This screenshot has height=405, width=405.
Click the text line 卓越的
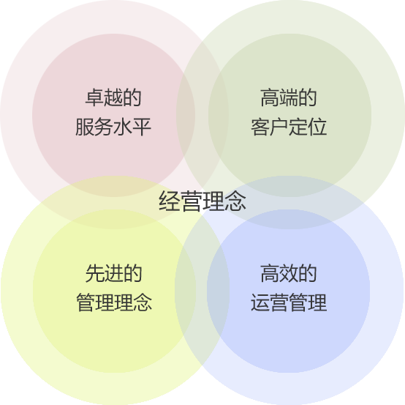pyautogui.click(x=113, y=97)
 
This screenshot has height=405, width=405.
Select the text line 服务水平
pyautogui.click(x=113, y=127)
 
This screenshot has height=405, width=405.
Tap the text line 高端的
pyautogui.click(x=289, y=97)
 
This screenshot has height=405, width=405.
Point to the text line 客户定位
pyautogui.click(x=289, y=127)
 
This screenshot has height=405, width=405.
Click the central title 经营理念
pyautogui.click(x=202, y=201)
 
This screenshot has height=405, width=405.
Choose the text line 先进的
pyautogui.click(x=113, y=273)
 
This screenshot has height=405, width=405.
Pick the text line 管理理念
pyautogui.click(x=114, y=302)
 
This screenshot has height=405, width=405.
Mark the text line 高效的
pyautogui.click(x=289, y=273)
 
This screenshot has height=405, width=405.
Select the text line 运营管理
pyautogui.click(x=289, y=302)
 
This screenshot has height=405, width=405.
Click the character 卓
pyautogui.click(x=94, y=97)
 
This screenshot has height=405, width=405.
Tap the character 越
pyautogui.click(x=113, y=97)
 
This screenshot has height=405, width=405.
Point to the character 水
pyautogui.click(x=123, y=127)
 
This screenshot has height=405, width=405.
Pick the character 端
pyautogui.click(x=289, y=97)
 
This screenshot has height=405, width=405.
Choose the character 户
pyautogui.click(x=279, y=127)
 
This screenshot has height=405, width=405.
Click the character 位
pyautogui.click(x=317, y=127)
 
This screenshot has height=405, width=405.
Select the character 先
pyautogui.click(x=95, y=273)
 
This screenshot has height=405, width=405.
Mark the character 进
pyautogui.click(x=113, y=273)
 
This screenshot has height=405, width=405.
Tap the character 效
pyautogui.click(x=289, y=273)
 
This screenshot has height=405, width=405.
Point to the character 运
pyautogui.click(x=260, y=302)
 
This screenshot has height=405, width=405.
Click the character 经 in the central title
pyautogui.click(x=170, y=201)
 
